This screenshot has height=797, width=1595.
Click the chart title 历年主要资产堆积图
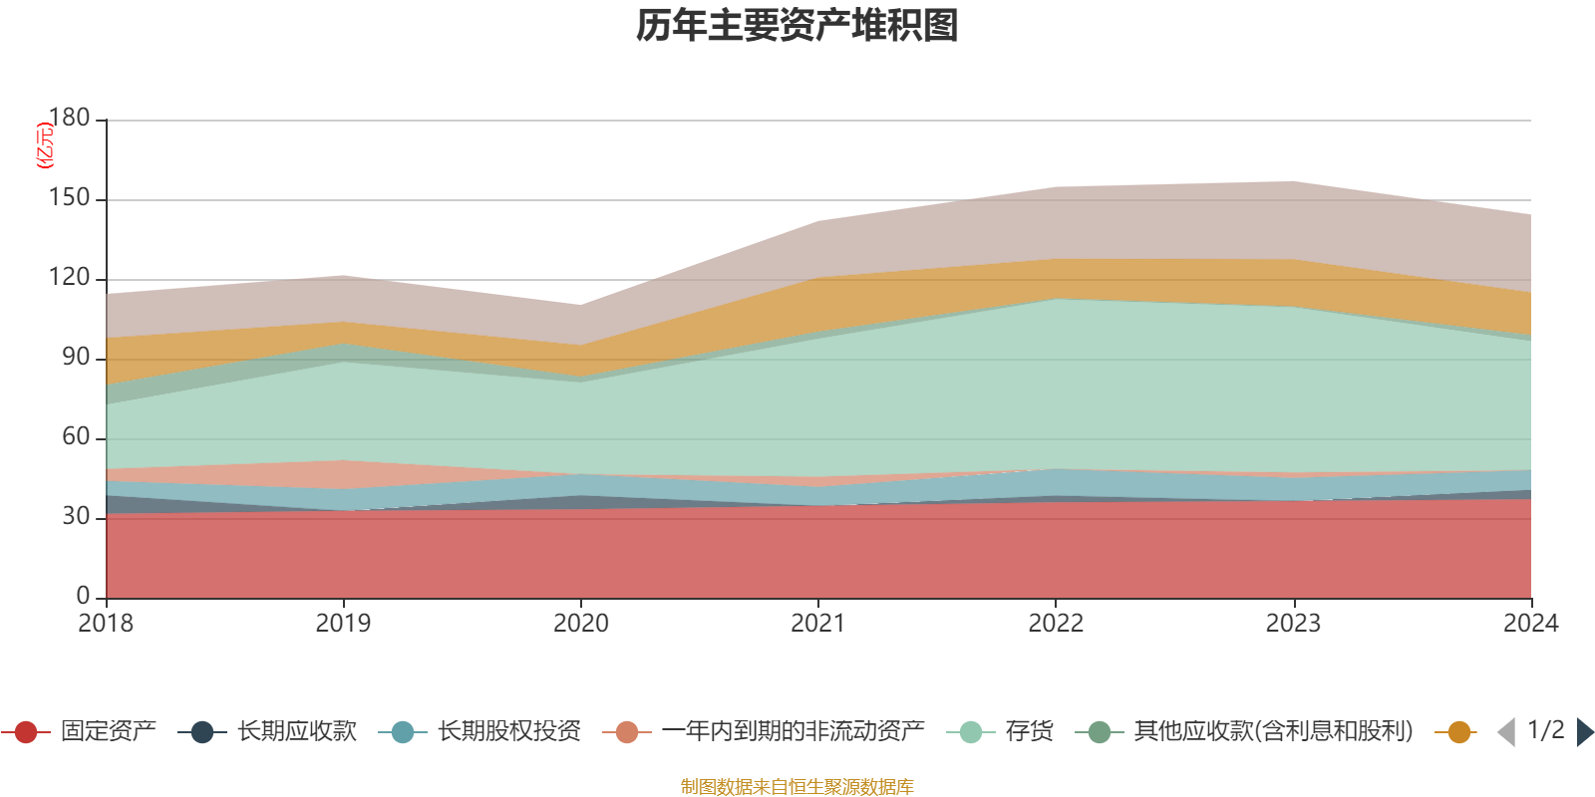pyautogui.click(x=797, y=26)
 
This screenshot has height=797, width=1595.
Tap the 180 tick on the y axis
pyautogui.click(x=69, y=118)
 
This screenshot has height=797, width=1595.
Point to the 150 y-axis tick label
pyautogui.click(x=69, y=198)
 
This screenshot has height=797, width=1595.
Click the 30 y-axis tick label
pyautogui.click(x=76, y=516)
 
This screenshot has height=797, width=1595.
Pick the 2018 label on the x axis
pyautogui.click(x=106, y=624)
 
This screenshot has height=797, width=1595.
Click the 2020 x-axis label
pyautogui.click(x=581, y=624)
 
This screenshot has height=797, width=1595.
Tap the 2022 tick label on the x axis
pyautogui.click(x=1056, y=624)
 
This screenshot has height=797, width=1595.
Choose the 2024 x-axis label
pyautogui.click(x=1530, y=624)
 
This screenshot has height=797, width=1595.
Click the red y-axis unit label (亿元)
pyautogui.click(x=44, y=145)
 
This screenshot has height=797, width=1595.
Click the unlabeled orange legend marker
pyautogui.click(x=1458, y=732)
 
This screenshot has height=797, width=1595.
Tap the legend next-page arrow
pyautogui.click(x=1585, y=732)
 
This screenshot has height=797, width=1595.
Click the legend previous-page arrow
pyautogui.click(x=1506, y=732)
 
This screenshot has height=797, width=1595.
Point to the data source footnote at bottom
pyautogui.click(x=797, y=787)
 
